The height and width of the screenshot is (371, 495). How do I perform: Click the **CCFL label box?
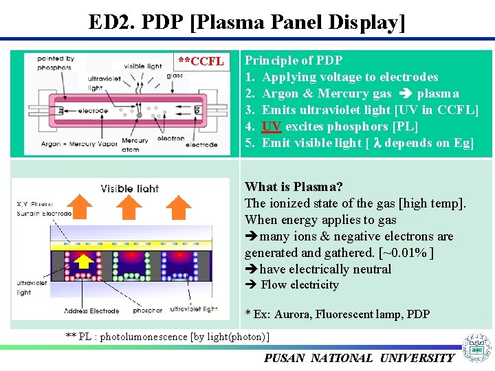(x=201, y=62)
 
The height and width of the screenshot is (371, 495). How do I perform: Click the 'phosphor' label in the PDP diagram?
(x=148, y=311)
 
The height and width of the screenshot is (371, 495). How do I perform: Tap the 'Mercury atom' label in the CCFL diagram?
(x=135, y=145)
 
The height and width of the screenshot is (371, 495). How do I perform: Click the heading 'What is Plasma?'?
(x=294, y=187)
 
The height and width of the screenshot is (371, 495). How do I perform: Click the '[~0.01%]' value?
(x=408, y=253)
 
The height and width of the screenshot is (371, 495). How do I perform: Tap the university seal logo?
(x=476, y=348)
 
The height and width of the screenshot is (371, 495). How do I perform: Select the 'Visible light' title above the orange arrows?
(x=130, y=188)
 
